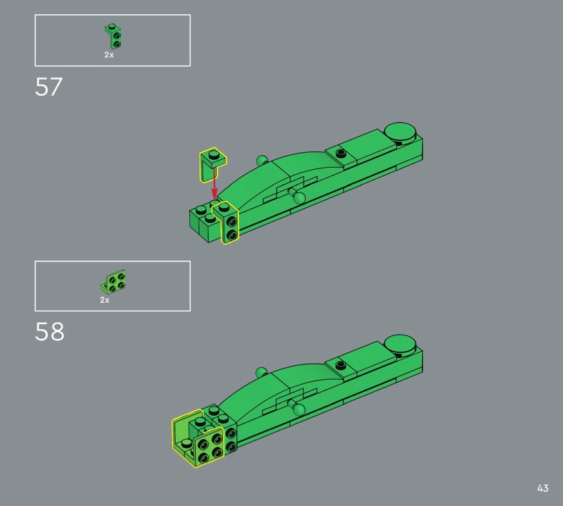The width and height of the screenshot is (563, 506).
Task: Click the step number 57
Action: coord(49,87)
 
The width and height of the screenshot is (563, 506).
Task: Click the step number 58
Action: coord(49,332)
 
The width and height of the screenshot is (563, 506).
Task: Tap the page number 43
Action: coord(543,488)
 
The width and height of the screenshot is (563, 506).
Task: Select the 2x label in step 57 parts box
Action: coord(109,55)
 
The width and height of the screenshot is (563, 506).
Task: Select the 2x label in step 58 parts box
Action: coord(104,300)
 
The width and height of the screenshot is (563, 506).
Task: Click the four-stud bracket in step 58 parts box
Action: coord(114,281)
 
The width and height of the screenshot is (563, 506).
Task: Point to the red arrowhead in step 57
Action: coord(215,194)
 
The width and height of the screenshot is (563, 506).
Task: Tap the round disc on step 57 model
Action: coord(399,132)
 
